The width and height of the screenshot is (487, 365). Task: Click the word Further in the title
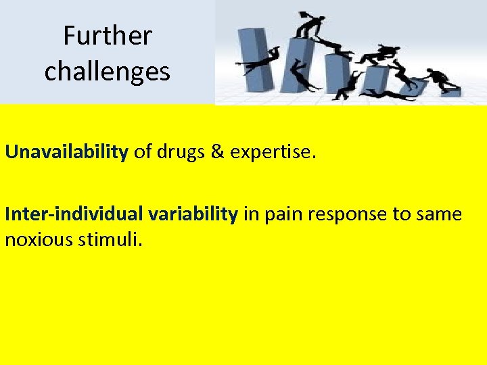tap(108, 35)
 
